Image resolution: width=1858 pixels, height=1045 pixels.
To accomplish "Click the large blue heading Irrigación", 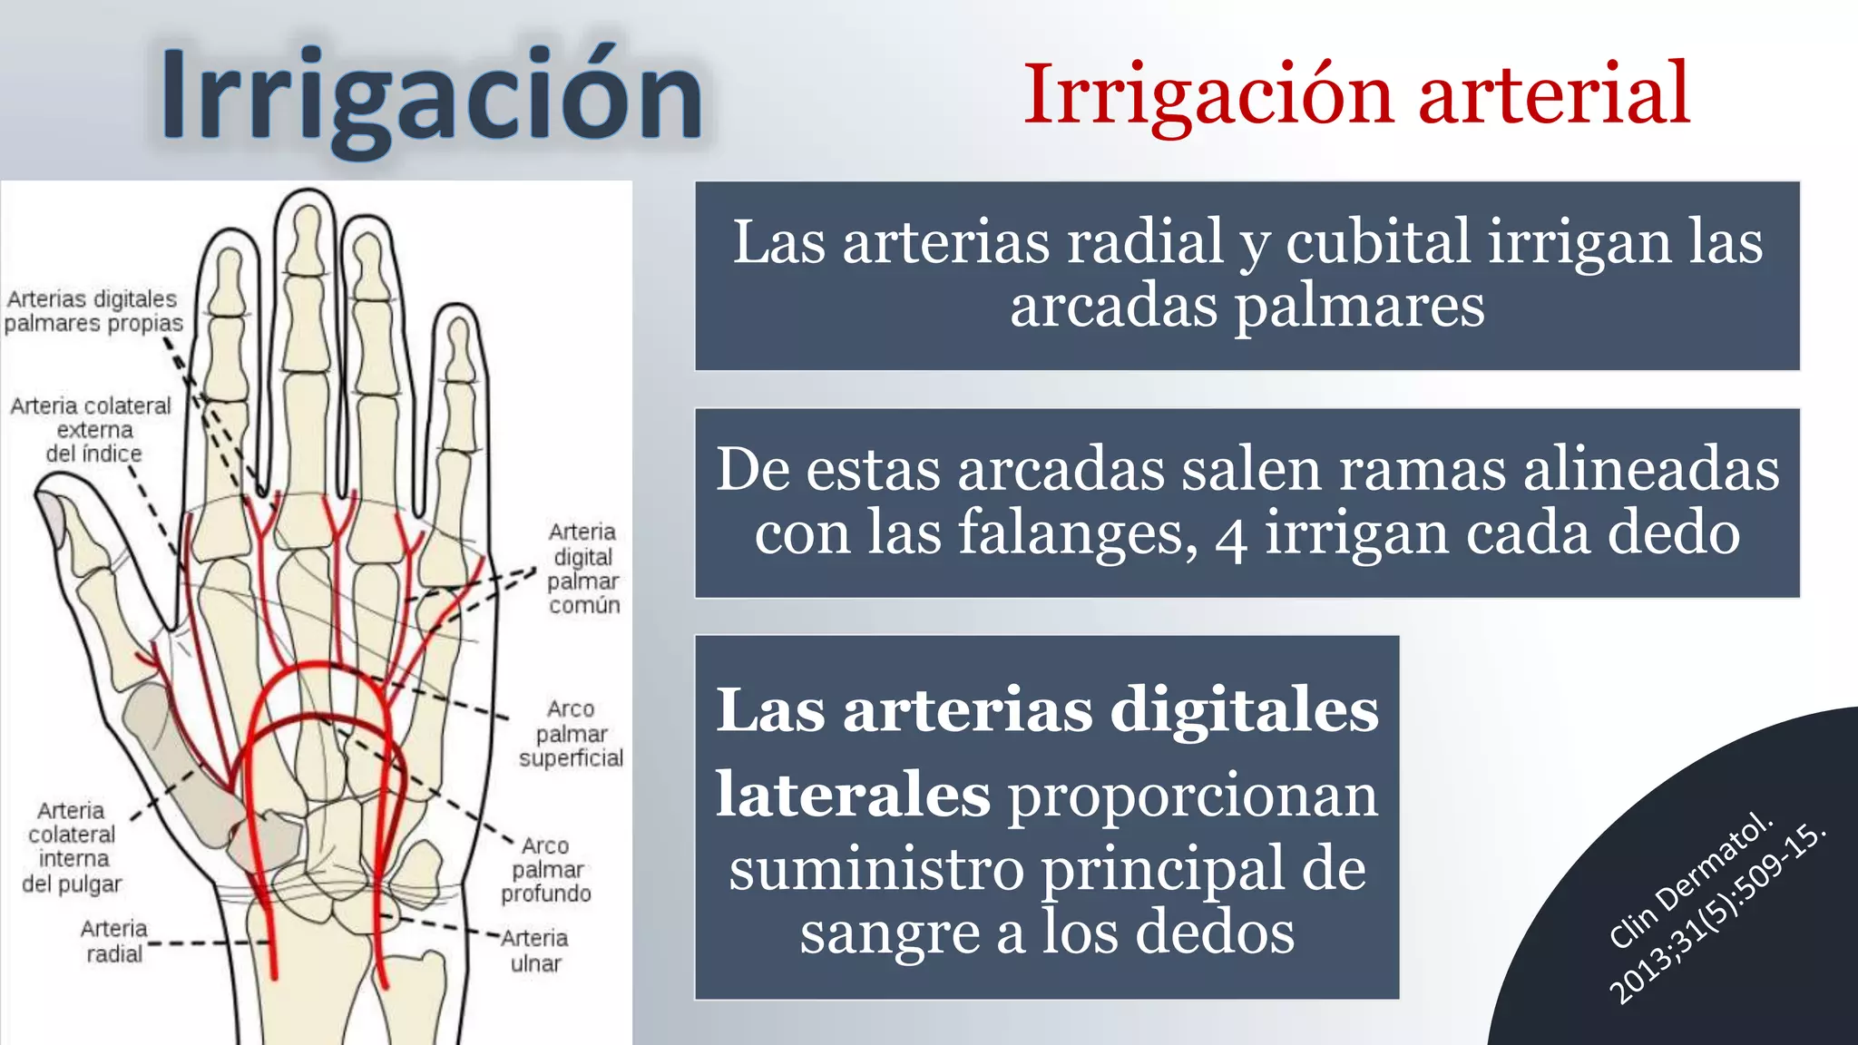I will [x=431, y=96].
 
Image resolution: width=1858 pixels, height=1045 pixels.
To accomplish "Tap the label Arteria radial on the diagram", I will [x=114, y=942].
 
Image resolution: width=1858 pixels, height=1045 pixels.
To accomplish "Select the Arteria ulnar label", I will [x=535, y=951].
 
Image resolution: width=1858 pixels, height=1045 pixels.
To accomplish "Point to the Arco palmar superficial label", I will [x=571, y=734].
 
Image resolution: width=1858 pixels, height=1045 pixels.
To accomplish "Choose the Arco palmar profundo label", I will [x=546, y=870].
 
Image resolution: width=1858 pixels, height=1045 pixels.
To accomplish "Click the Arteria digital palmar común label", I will [x=583, y=569].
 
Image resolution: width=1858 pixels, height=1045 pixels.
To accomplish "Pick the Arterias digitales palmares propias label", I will [x=93, y=311].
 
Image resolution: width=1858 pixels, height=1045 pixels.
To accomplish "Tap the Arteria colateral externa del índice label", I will [x=92, y=429].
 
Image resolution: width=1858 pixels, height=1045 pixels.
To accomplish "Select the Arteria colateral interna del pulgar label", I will [x=72, y=847].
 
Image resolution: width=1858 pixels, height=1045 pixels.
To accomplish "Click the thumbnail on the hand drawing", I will [x=51, y=517].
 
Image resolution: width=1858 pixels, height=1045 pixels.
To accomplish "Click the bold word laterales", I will [x=853, y=795].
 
